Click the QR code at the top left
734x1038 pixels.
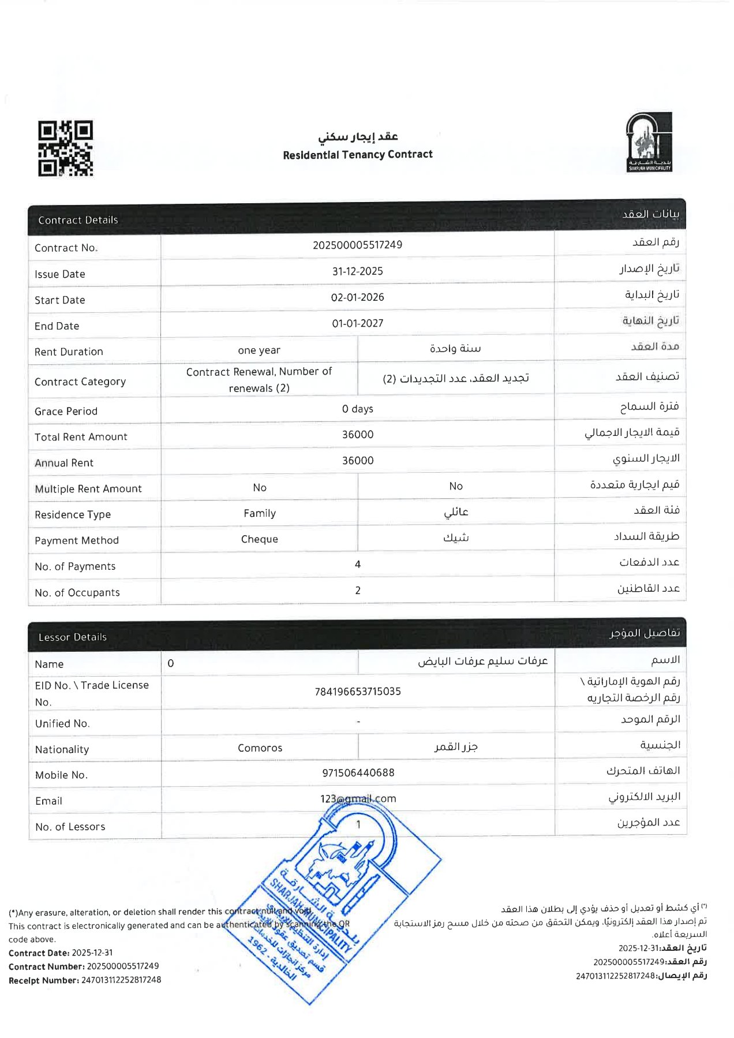65,148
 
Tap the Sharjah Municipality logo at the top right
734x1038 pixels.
649,143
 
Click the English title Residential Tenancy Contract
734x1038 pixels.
357,155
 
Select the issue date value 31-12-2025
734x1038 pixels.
357,271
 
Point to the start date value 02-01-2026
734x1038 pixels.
357,297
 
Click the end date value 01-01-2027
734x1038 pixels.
357,323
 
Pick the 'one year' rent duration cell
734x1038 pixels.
259,350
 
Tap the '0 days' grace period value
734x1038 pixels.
357,409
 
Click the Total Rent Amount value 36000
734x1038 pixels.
357,434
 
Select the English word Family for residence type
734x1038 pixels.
260,513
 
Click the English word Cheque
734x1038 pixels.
260,539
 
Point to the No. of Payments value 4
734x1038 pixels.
357,564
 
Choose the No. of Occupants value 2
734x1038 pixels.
357,590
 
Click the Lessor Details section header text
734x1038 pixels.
73,637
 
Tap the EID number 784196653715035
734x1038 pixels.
357,692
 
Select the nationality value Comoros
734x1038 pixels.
260,748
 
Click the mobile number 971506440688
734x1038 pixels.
358,772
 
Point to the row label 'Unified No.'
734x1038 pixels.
62,724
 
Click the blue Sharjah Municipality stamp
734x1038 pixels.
335,901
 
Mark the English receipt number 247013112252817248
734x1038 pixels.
121,980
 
